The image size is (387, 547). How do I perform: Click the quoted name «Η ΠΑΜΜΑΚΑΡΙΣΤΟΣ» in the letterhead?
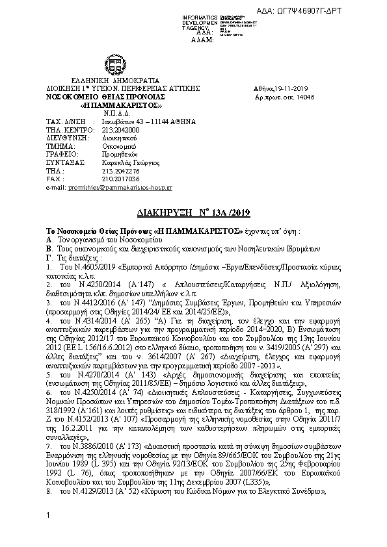(112, 105)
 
